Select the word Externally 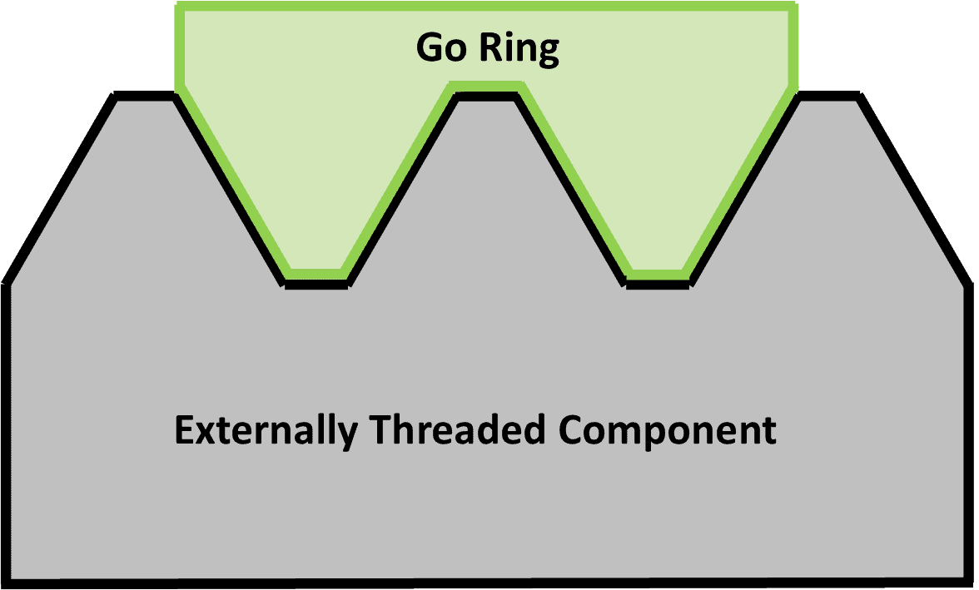tap(265, 431)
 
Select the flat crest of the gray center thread tap(486, 96)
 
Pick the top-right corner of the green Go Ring tap(793, 6)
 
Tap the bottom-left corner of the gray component tap(13, 576)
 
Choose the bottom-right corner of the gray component tap(962, 576)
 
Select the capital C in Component tap(570, 431)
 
